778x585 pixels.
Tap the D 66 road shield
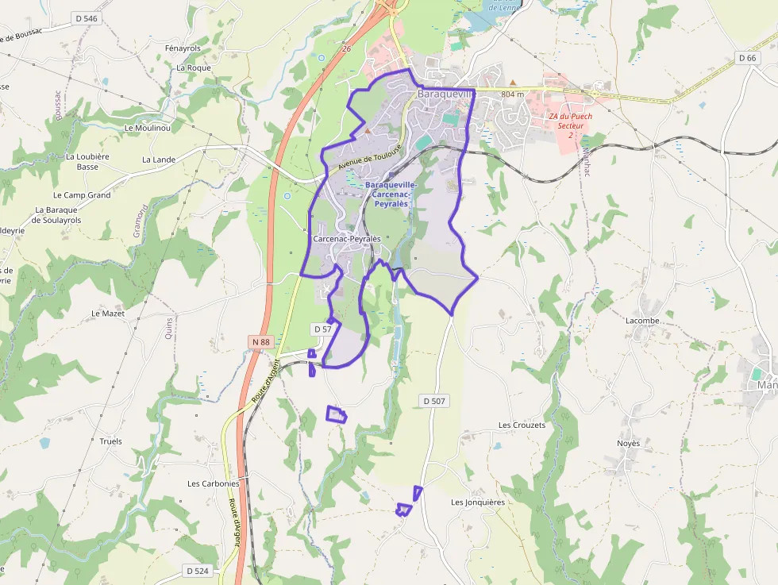(x=746, y=57)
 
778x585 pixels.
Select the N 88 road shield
(x=260, y=342)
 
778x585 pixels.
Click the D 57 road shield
(x=322, y=329)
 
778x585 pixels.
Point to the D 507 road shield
(x=433, y=401)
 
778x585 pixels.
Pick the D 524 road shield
(x=199, y=571)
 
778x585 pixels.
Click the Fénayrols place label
(x=183, y=48)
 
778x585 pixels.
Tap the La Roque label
(x=194, y=68)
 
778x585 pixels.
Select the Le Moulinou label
(x=148, y=127)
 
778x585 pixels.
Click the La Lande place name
(x=159, y=160)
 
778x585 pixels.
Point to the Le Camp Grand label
(x=82, y=195)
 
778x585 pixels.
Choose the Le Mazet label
(x=108, y=314)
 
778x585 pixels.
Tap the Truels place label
(x=111, y=441)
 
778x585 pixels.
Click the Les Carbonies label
(x=213, y=483)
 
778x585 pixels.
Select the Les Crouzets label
(x=522, y=425)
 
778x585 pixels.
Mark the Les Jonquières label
(x=478, y=502)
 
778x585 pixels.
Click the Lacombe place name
(x=642, y=321)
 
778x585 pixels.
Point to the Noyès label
(x=628, y=443)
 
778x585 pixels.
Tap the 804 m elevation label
(x=513, y=94)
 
